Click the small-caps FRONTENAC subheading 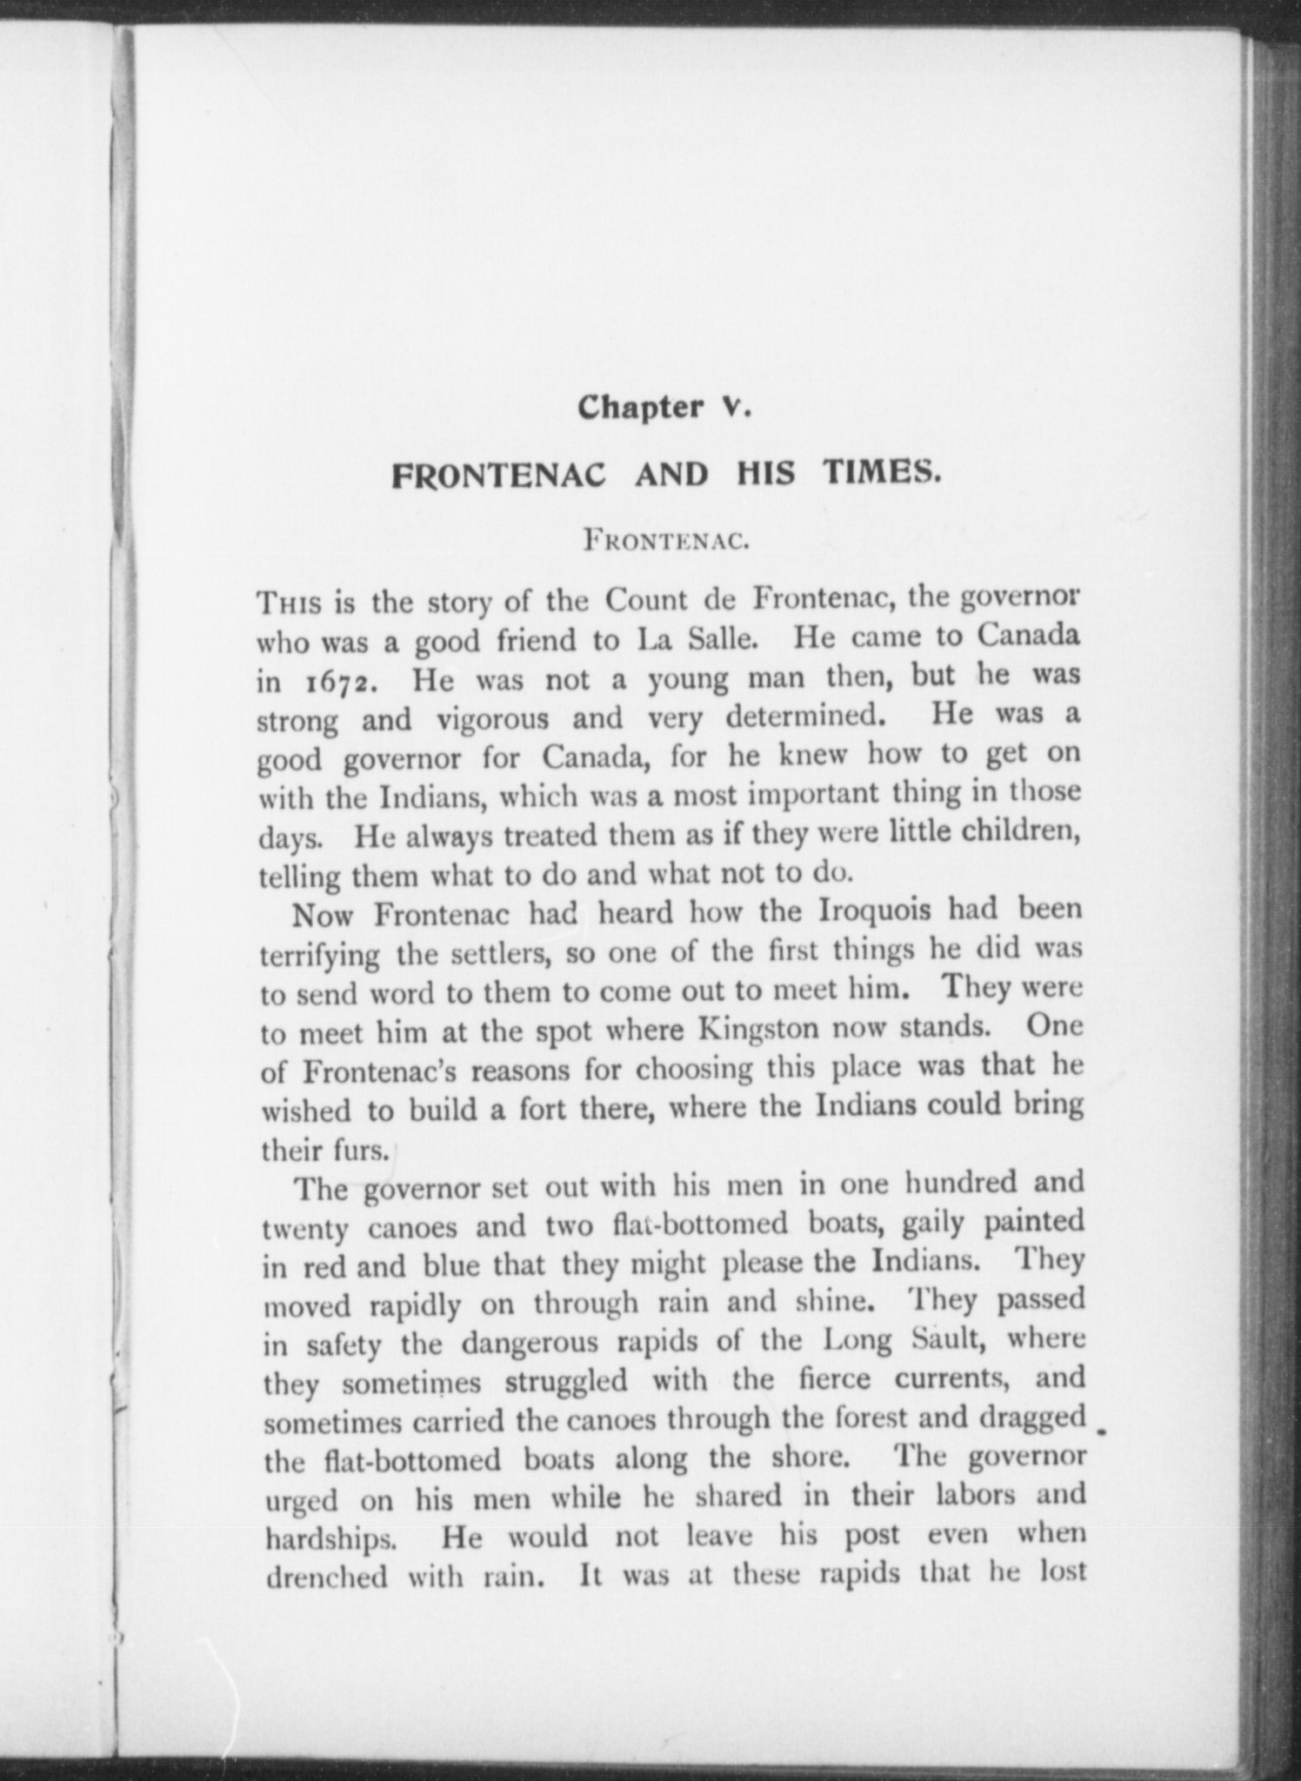pyautogui.click(x=666, y=542)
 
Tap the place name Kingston pyautogui.click(x=758, y=1030)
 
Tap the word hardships pyautogui.click(x=330, y=1540)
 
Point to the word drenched pyautogui.click(x=326, y=1578)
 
